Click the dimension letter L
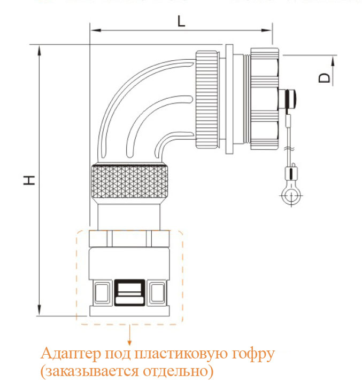[x=181, y=22]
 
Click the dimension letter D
[x=324, y=78]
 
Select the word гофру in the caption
[x=251, y=354]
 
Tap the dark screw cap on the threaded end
[x=289, y=99]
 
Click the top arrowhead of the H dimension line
[x=40, y=50]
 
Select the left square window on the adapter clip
[x=100, y=292]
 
